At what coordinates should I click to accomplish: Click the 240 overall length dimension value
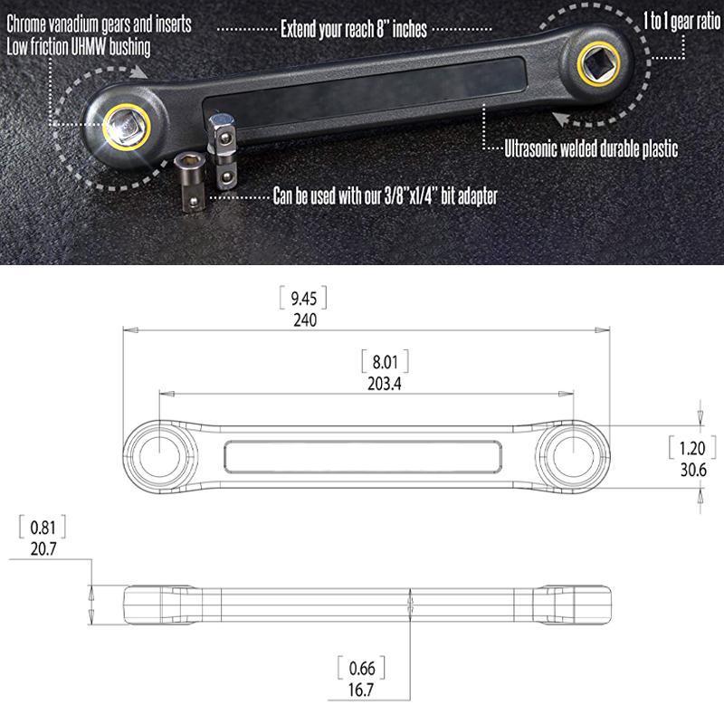click(305, 319)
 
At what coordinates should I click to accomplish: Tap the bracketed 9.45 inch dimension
click(305, 298)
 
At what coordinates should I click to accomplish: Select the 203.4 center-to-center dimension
click(384, 383)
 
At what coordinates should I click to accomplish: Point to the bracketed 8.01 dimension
click(384, 361)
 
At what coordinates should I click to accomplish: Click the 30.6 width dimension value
click(691, 470)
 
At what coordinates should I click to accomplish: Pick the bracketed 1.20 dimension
click(691, 448)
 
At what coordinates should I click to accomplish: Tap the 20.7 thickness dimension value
click(41, 548)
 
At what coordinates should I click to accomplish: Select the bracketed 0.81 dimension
click(41, 526)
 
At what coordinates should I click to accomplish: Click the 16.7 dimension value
click(360, 691)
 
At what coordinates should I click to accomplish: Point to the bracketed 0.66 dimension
click(360, 669)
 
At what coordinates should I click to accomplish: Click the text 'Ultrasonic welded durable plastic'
click(591, 149)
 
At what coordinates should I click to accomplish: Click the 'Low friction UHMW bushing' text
click(79, 45)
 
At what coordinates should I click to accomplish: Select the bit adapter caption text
click(385, 195)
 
